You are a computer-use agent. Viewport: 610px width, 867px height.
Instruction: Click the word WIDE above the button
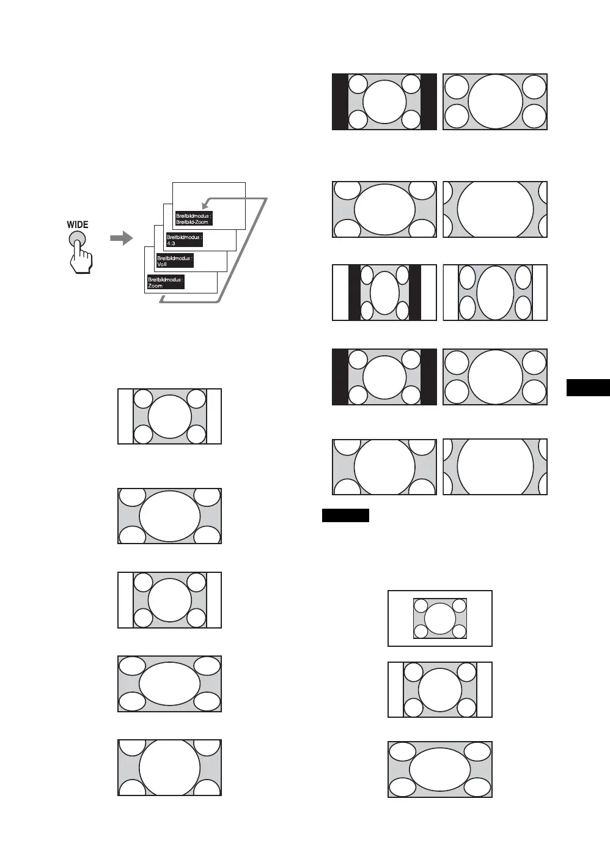tap(78, 224)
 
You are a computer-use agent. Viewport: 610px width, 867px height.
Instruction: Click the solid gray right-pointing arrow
tap(122, 238)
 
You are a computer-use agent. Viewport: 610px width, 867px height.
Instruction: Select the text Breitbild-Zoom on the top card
tap(193, 222)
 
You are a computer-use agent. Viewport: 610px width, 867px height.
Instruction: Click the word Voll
tap(162, 264)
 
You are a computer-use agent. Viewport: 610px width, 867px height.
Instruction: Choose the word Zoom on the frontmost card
tap(155, 286)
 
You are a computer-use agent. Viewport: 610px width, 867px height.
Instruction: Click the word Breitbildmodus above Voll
tap(174, 258)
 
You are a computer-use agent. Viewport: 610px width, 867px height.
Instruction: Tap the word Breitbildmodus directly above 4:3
tap(183, 237)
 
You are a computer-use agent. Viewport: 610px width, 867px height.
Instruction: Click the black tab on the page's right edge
tap(588, 388)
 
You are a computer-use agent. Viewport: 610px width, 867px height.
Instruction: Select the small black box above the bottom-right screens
tap(345, 515)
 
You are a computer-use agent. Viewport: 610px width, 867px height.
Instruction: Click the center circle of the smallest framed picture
tap(440, 618)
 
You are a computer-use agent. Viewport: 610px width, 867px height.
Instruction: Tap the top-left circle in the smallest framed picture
tap(421, 605)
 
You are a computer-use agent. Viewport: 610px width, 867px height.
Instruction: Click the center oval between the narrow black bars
tap(384, 292)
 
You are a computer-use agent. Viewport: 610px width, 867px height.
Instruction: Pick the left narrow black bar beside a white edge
tap(354, 292)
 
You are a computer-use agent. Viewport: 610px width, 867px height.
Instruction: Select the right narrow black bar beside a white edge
tap(415, 292)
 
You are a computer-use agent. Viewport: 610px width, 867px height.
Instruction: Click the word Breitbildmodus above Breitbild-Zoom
tap(193, 216)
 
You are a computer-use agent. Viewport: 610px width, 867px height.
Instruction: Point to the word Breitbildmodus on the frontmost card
tap(165, 279)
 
